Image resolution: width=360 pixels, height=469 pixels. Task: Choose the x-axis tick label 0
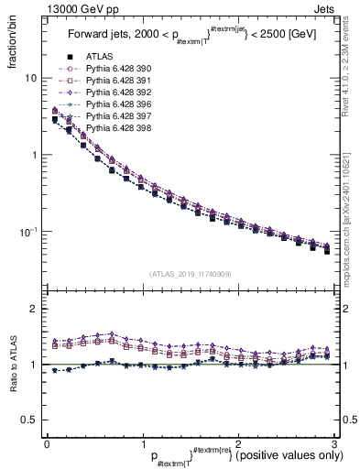click(47, 442)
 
